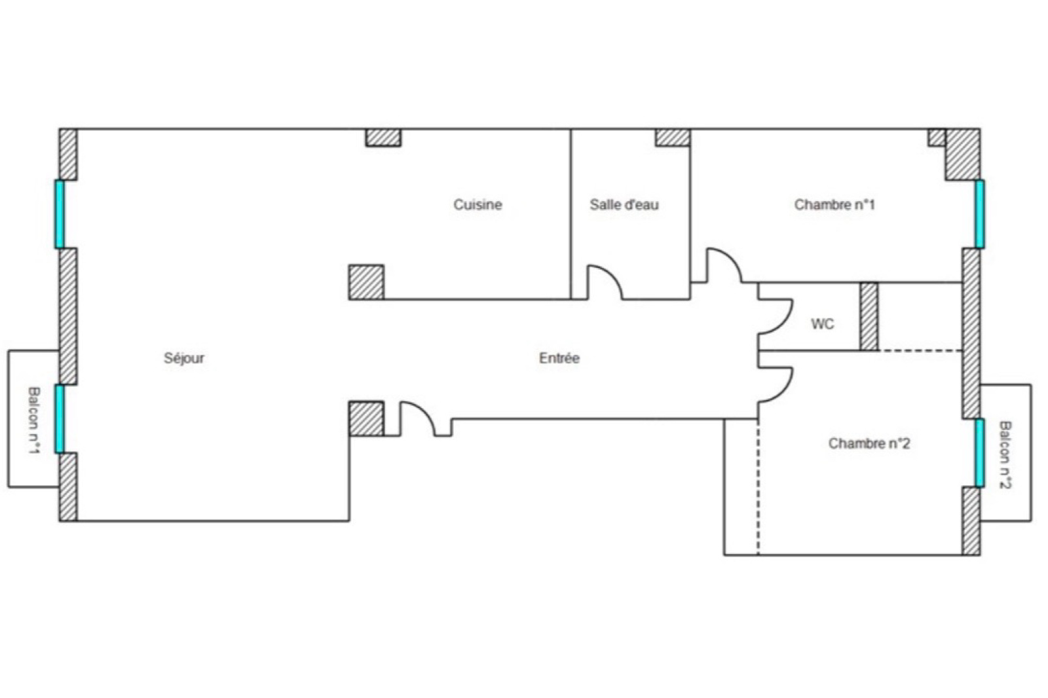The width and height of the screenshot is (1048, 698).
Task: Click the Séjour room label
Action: click(184, 358)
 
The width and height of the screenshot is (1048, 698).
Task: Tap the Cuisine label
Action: click(477, 204)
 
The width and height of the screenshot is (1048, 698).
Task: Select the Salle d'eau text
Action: click(624, 204)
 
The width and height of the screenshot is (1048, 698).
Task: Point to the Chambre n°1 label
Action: click(834, 204)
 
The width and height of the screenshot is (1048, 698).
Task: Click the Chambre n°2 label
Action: click(869, 443)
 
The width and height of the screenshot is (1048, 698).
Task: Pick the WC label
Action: click(823, 323)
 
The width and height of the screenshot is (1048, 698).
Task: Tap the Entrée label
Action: click(559, 358)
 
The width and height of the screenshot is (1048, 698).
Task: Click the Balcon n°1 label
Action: click(33, 420)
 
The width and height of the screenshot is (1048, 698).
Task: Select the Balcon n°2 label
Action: click(1005, 454)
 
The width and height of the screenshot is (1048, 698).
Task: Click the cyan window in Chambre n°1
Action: click(980, 214)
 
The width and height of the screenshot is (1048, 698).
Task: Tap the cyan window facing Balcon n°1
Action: click(60, 418)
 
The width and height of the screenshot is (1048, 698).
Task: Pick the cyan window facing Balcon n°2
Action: click(980, 453)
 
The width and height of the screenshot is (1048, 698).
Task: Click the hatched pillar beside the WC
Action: click(869, 316)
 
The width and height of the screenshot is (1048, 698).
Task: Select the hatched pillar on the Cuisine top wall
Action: click(383, 138)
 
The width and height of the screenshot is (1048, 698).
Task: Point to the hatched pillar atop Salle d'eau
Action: click(673, 138)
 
